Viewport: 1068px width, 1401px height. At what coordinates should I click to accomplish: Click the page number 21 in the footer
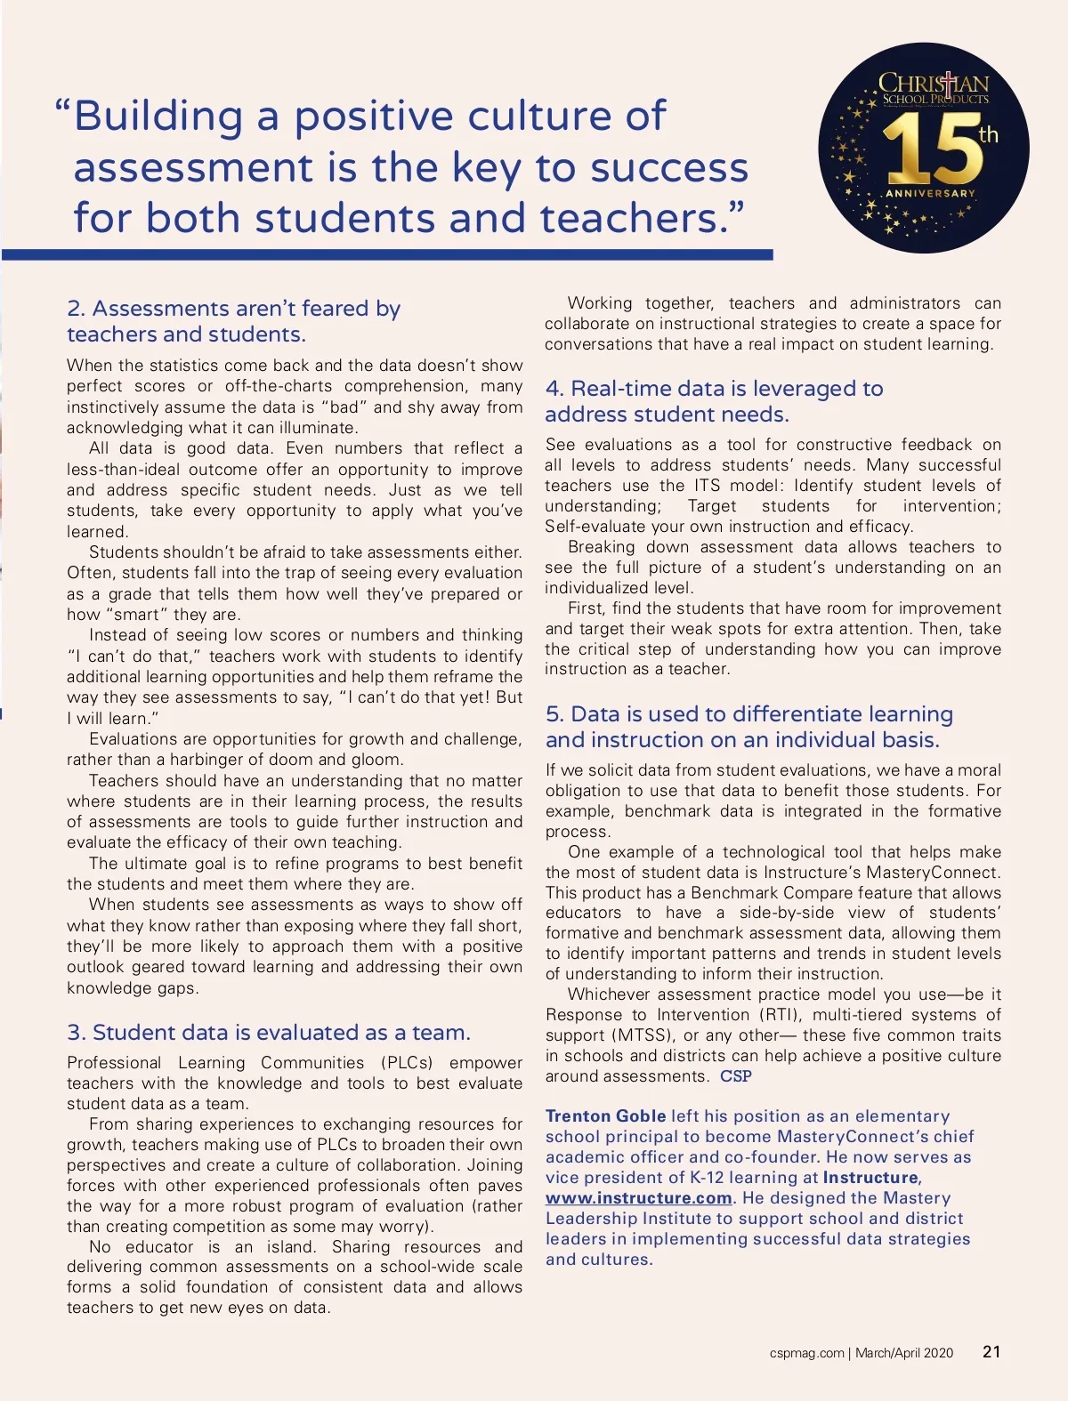(x=991, y=1351)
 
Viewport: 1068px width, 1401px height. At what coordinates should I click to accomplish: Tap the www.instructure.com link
(x=639, y=1198)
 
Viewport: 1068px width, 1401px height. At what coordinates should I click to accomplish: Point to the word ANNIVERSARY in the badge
(x=930, y=193)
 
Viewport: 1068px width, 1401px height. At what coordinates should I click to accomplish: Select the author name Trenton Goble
(x=605, y=1115)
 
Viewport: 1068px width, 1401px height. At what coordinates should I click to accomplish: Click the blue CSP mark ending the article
(x=736, y=1076)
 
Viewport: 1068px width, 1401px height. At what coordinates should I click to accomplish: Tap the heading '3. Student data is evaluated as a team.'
(x=269, y=1032)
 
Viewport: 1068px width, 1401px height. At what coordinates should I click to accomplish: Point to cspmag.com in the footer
(x=806, y=1353)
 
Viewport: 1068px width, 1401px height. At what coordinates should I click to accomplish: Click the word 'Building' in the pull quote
(x=158, y=117)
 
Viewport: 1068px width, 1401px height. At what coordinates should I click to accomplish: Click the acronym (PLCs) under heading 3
(x=407, y=1062)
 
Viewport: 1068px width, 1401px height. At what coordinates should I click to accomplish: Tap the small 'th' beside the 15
(x=988, y=135)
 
